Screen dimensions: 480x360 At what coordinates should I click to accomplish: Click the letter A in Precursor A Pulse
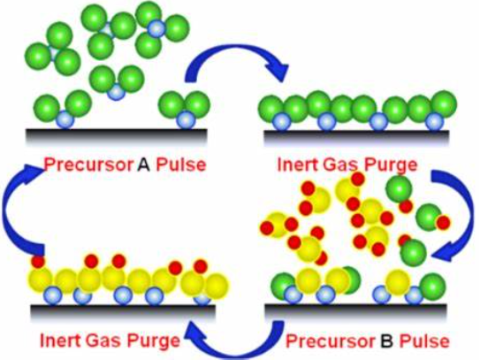(143, 165)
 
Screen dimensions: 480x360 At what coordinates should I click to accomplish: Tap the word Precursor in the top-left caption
(88, 165)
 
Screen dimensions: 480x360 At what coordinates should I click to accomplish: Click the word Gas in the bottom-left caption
(104, 341)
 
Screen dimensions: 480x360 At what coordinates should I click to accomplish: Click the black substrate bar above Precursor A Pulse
(117, 134)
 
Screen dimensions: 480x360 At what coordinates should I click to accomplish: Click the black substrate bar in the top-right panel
(356, 135)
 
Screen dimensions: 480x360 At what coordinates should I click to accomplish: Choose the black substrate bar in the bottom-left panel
(123, 310)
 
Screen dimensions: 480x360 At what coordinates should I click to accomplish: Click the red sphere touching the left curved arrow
(38, 262)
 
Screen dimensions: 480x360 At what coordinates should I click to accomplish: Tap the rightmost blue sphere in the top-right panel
(434, 121)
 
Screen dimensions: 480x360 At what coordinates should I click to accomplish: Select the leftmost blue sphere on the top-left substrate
(65, 119)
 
